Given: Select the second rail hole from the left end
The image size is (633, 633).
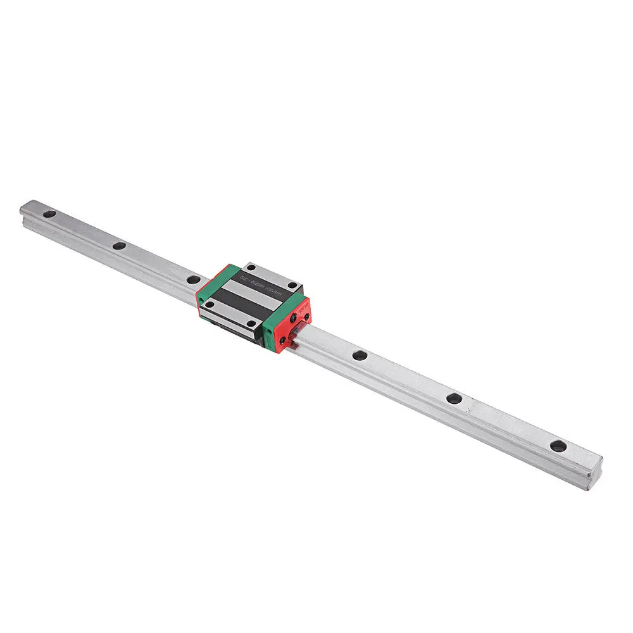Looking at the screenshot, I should (x=118, y=246).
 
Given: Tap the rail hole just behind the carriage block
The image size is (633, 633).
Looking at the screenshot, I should (x=192, y=278).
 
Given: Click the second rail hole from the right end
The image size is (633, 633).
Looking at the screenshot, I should (x=453, y=398).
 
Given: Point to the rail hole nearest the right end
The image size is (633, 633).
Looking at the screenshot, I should (x=558, y=446).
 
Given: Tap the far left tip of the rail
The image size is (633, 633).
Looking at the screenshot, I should (x=22, y=208).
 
